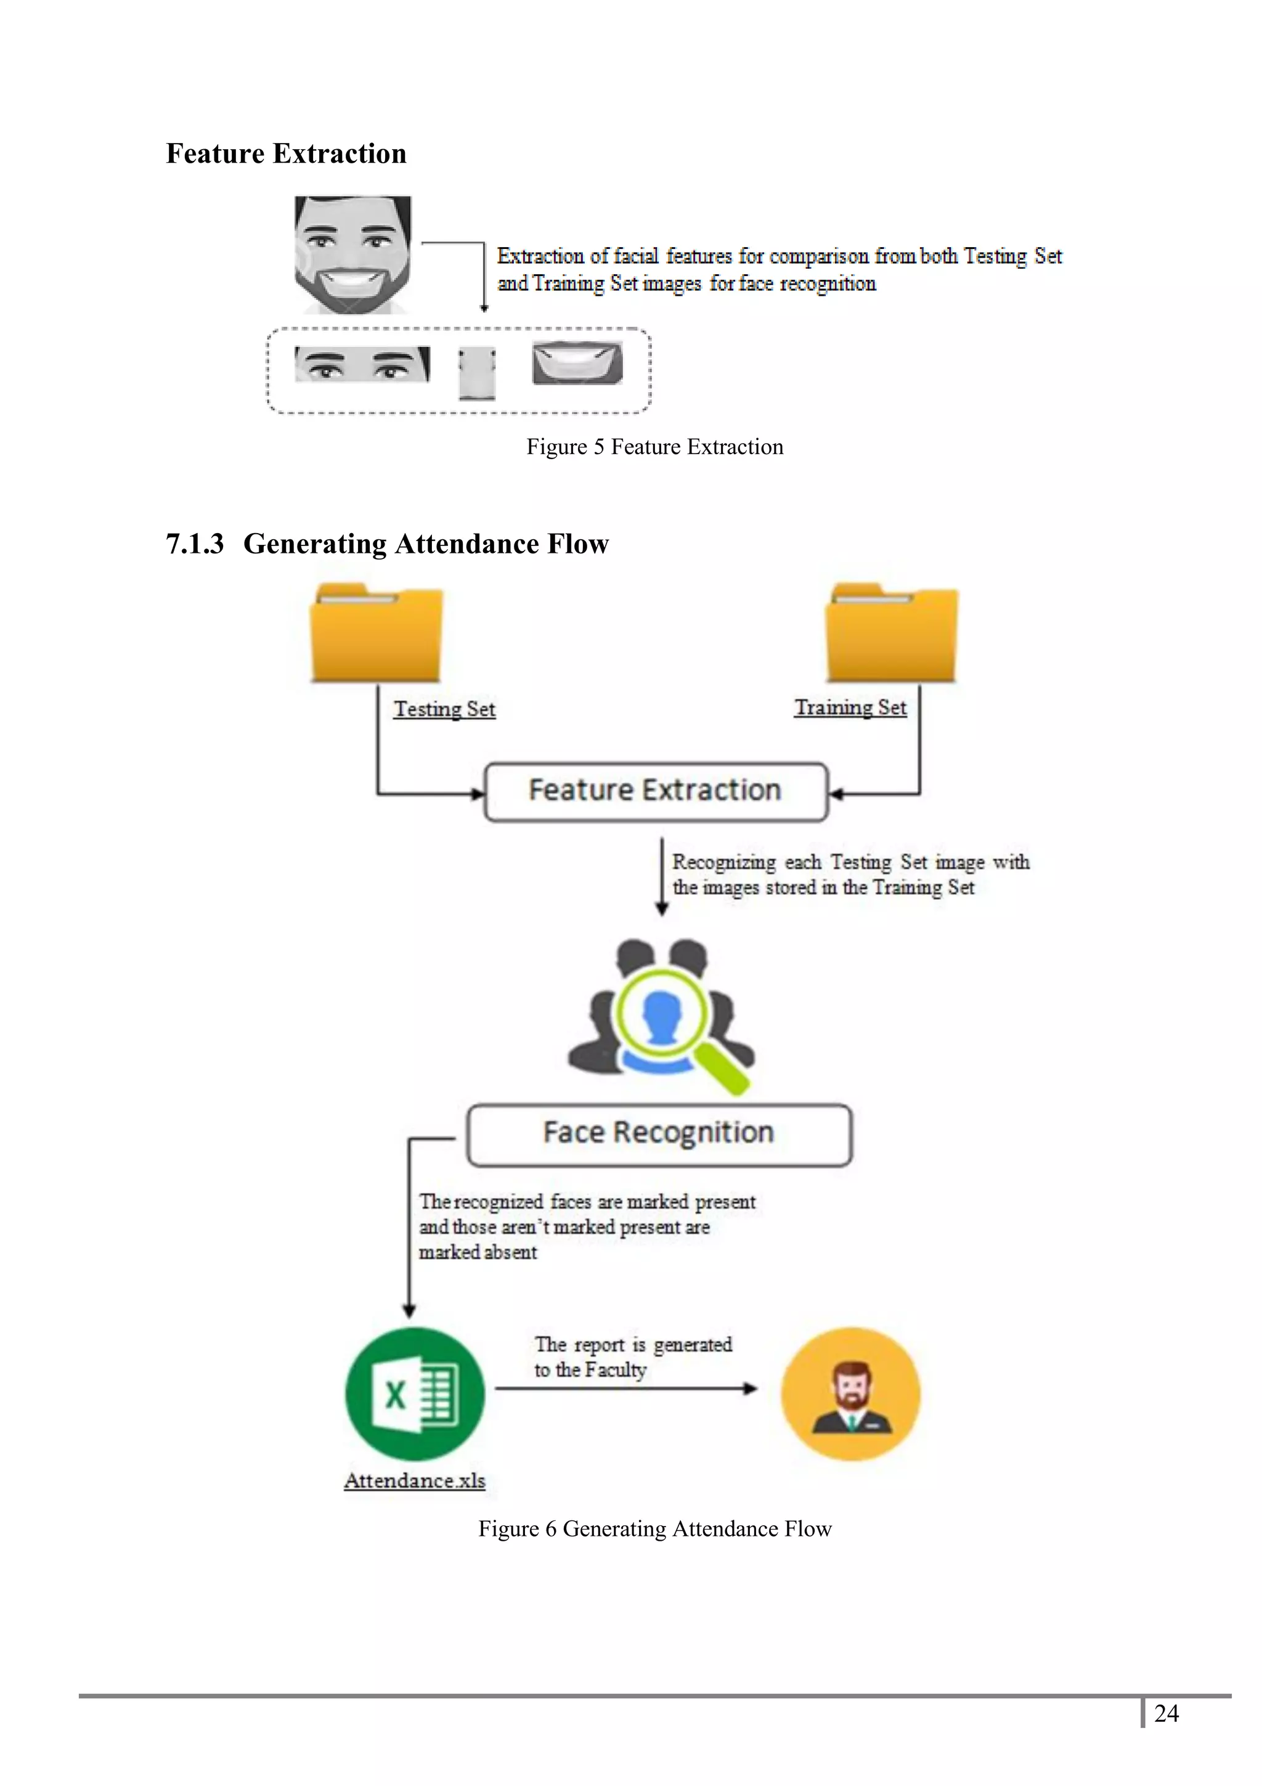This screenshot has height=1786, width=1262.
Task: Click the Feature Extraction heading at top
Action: click(285, 153)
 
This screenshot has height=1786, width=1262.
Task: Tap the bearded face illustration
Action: click(353, 255)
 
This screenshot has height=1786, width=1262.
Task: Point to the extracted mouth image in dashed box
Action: click(577, 363)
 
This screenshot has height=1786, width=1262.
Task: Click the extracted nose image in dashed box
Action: click(477, 373)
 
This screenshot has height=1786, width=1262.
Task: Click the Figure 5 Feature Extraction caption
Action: click(654, 446)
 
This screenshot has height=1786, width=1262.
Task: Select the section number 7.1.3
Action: click(194, 544)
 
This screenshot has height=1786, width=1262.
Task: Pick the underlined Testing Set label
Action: click(444, 709)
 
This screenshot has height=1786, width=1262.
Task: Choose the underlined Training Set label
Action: click(850, 707)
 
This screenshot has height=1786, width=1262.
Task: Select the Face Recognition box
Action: click(659, 1133)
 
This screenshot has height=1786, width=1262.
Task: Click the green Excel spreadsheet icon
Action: click(415, 1394)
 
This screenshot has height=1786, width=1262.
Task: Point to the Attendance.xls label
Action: click(415, 1480)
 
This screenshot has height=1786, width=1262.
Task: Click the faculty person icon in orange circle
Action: click(850, 1394)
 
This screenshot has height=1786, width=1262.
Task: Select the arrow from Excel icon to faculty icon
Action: click(626, 1388)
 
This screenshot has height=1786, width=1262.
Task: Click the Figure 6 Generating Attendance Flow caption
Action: click(654, 1528)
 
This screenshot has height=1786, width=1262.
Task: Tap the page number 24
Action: click(1166, 1713)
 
